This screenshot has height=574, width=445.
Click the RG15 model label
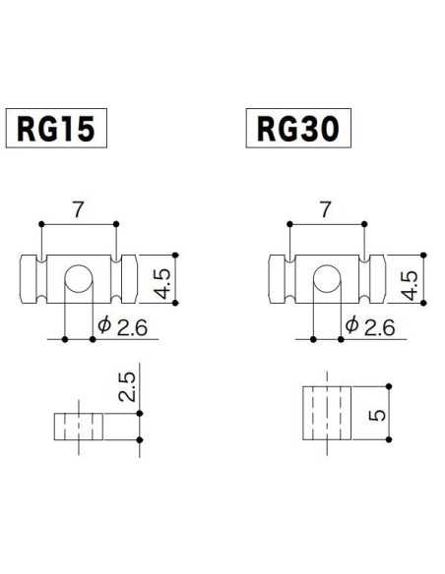[56, 129]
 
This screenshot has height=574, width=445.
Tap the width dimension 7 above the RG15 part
[78, 208]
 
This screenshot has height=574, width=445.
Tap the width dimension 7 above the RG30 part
[327, 208]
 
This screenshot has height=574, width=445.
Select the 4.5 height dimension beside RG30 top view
[413, 279]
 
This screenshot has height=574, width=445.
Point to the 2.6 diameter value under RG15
[131, 327]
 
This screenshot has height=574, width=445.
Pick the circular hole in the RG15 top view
[79, 281]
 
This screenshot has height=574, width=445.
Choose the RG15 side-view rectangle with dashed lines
[79, 427]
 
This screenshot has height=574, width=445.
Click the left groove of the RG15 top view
[41, 281]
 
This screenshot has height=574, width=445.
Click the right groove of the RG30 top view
[365, 281]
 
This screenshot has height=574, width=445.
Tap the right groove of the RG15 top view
[116, 281]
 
